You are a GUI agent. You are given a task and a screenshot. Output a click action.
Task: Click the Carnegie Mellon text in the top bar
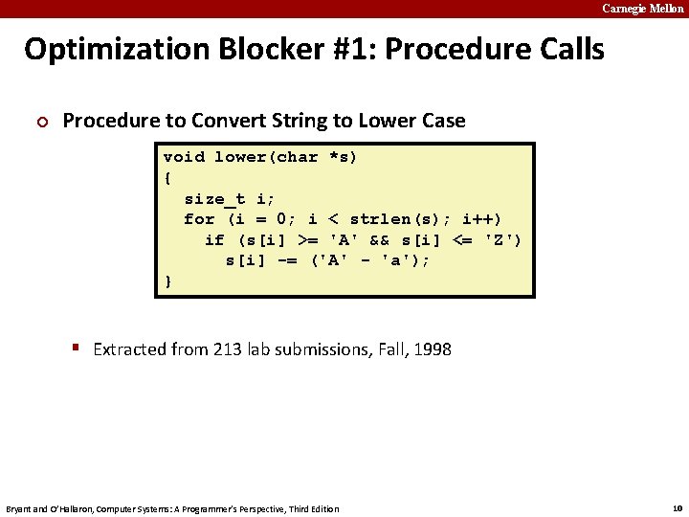[642, 9]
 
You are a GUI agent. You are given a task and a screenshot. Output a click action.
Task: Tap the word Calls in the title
[565, 49]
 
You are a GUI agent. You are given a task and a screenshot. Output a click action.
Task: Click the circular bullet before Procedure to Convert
[39, 122]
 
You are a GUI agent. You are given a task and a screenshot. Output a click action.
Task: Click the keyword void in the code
[184, 157]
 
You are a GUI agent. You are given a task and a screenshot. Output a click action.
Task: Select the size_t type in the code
[214, 199]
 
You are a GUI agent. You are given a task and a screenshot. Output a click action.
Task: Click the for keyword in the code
[199, 219]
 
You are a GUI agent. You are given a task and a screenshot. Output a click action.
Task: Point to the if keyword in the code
[214, 240]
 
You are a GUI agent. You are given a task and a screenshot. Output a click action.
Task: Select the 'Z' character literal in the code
[503, 240]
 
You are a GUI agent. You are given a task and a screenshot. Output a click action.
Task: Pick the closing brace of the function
[168, 281]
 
